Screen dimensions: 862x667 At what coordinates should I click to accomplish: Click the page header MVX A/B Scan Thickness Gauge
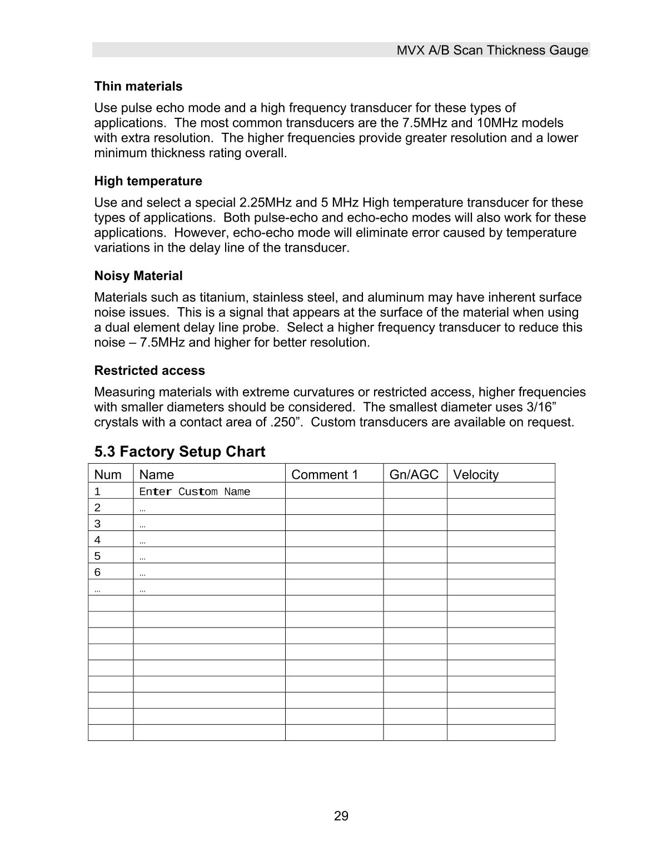pyautogui.click(x=492, y=51)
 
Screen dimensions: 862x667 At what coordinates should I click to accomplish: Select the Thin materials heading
pyautogui.click(x=138, y=87)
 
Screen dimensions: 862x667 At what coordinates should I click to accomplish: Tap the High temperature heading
pyautogui.click(x=148, y=181)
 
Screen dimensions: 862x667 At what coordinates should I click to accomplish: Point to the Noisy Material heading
pyautogui.click(x=138, y=276)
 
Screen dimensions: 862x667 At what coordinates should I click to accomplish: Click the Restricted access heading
pyautogui.click(x=149, y=370)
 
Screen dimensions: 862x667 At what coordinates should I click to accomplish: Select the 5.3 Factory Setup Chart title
pyautogui.click(x=180, y=452)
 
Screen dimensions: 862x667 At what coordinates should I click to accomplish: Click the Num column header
pyautogui.click(x=108, y=474)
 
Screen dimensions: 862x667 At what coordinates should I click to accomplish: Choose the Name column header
pyautogui.click(x=156, y=474)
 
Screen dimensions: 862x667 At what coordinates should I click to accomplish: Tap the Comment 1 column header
pyautogui.click(x=325, y=474)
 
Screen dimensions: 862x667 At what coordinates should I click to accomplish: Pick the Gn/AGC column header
pyautogui.click(x=414, y=474)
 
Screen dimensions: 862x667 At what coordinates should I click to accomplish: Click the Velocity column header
pyautogui.click(x=476, y=474)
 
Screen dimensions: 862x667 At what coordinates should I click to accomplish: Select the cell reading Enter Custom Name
pyautogui.click(x=195, y=492)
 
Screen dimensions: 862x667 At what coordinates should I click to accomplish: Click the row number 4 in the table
pyautogui.click(x=97, y=540)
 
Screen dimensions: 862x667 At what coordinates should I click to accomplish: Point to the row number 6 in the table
pyautogui.click(x=97, y=572)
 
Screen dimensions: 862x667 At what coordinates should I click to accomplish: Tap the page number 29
pyautogui.click(x=341, y=816)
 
